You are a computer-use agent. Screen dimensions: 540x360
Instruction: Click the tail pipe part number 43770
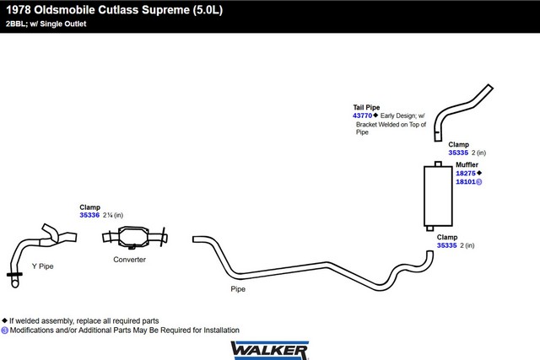coord(362,116)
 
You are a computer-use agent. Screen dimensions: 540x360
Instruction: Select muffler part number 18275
coord(466,173)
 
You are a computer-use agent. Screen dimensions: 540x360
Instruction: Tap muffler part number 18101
coord(466,182)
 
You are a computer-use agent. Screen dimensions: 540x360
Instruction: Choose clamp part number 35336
coord(89,215)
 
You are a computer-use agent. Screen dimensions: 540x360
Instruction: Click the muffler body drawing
coord(438,196)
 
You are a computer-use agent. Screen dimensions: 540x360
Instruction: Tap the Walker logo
coord(270,351)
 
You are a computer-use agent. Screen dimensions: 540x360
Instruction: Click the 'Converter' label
coord(129,260)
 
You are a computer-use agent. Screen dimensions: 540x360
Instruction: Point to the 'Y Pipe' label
coord(43,266)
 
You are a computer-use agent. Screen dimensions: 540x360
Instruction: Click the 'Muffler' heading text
coord(467,164)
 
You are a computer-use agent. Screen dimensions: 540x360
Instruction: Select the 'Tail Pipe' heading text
coord(366,107)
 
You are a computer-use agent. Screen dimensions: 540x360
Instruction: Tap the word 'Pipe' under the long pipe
coord(238,289)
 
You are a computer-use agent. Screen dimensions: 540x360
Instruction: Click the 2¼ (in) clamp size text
coord(113,215)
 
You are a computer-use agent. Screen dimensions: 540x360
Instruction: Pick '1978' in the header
coord(19,9)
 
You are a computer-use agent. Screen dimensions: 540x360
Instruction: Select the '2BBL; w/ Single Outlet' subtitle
coord(46,24)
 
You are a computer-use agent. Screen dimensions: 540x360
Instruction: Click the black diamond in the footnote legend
coord(4,320)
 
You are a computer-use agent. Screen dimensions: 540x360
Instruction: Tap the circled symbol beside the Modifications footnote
coord(4,330)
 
